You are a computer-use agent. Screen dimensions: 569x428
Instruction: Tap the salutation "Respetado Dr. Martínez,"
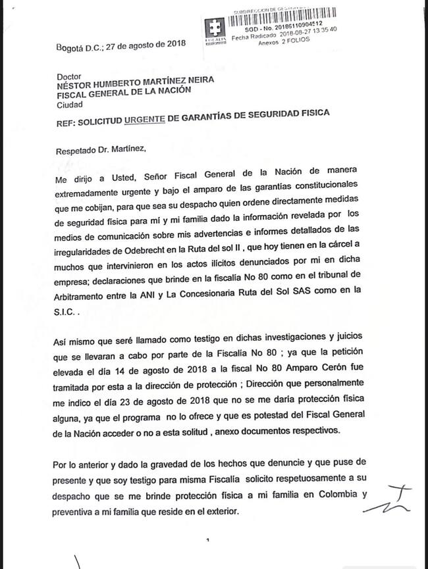pyautogui.click(x=102, y=149)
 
